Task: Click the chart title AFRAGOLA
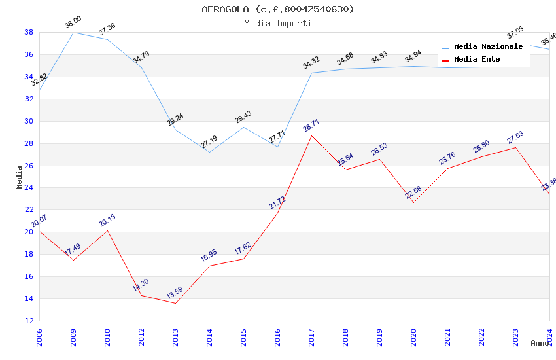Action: click(x=277, y=9)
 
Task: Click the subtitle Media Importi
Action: click(x=277, y=23)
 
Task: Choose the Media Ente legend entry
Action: click(x=477, y=60)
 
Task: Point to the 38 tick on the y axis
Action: click(x=29, y=32)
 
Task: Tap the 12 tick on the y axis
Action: click(x=29, y=321)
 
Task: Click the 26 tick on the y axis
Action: click(x=29, y=166)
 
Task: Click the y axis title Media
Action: click(x=20, y=177)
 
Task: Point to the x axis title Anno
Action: click(x=540, y=343)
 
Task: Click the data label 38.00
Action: click(x=73, y=24)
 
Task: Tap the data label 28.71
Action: click(x=311, y=126)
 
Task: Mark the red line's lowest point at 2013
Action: click(x=175, y=303)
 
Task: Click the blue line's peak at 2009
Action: click(x=73, y=32)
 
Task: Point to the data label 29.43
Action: click(x=243, y=118)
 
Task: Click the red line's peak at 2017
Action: click(x=311, y=135)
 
